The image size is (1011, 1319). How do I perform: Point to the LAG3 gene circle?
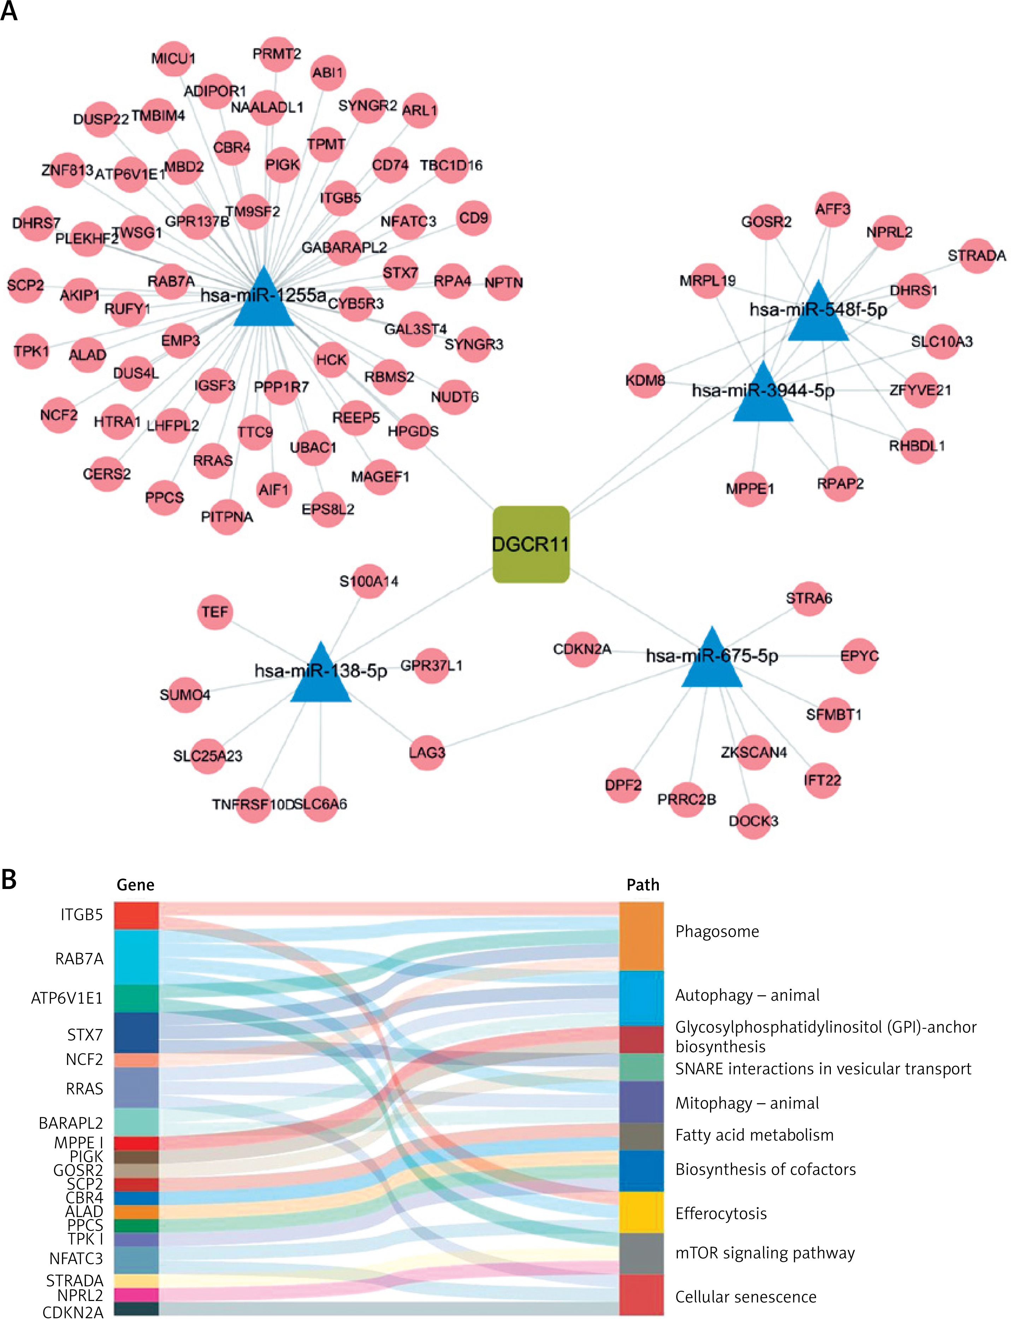click(427, 753)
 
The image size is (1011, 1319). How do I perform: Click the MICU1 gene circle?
click(173, 58)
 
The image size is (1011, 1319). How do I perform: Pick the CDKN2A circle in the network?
click(582, 649)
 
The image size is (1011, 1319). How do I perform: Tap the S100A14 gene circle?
click(369, 581)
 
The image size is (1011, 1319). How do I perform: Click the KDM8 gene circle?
click(645, 381)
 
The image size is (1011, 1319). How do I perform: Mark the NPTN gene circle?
click(504, 282)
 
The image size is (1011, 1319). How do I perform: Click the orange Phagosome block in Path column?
click(642, 936)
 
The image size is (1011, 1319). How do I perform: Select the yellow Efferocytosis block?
click(642, 1212)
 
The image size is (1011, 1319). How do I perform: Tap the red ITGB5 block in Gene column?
click(136, 915)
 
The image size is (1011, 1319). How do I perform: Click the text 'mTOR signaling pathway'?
click(765, 1253)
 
